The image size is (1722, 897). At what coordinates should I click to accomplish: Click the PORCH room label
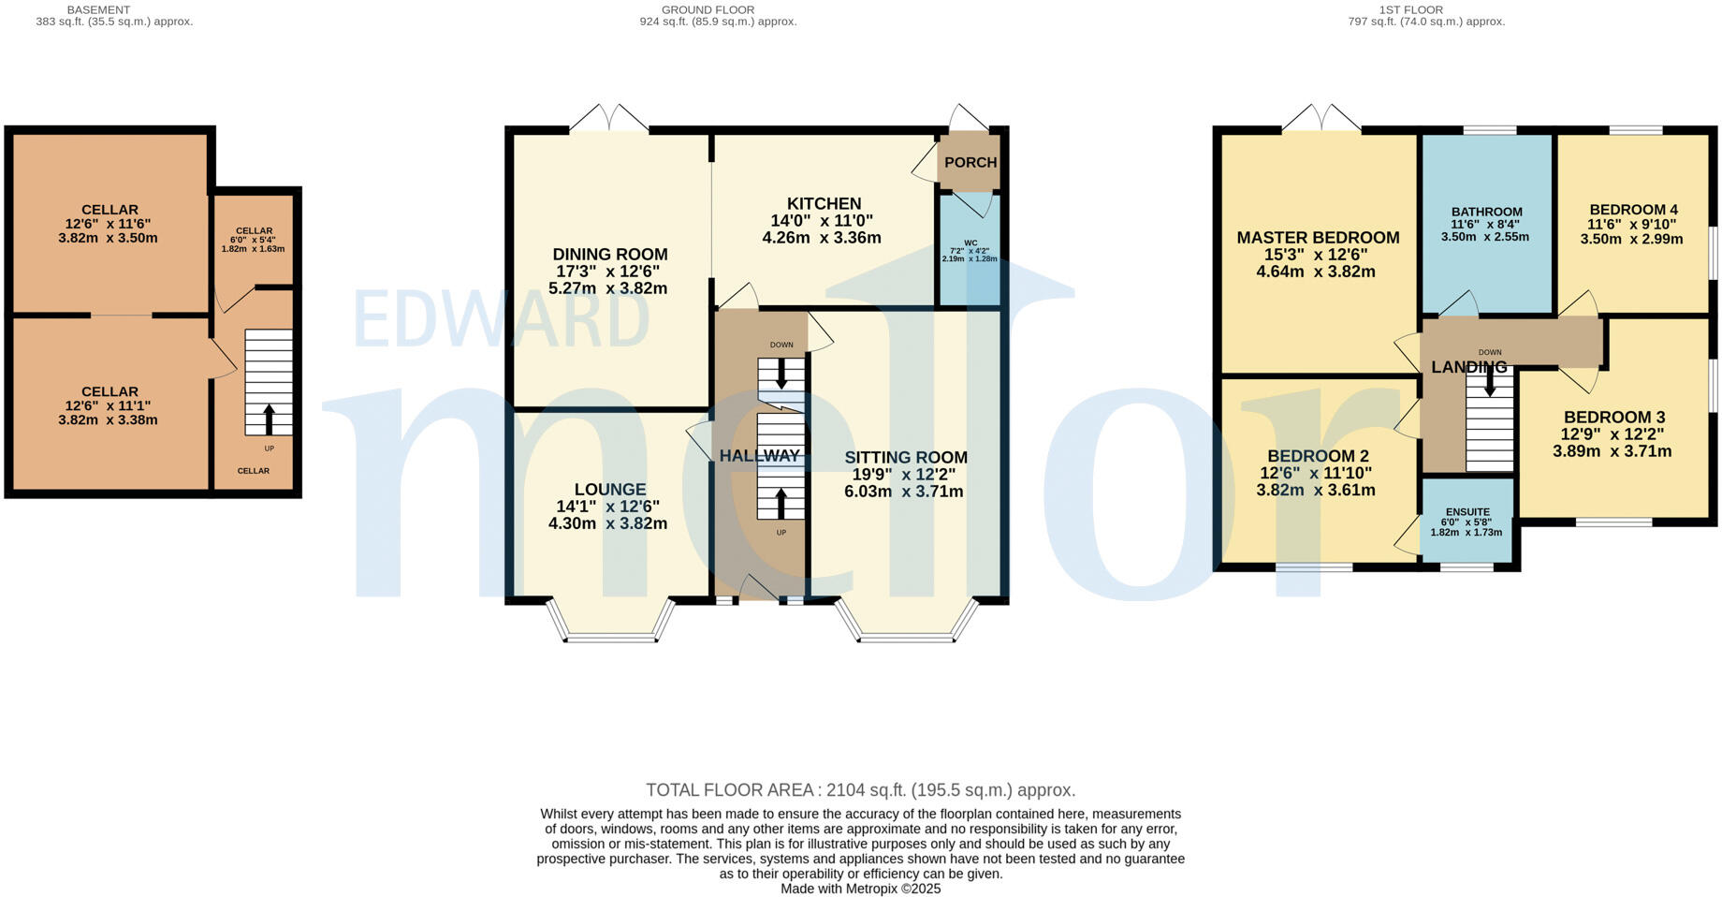pyautogui.click(x=970, y=163)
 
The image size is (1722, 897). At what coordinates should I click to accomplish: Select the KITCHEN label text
pyautogui.click(x=824, y=204)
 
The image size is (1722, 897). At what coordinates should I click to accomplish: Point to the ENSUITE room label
pyautogui.click(x=1467, y=513)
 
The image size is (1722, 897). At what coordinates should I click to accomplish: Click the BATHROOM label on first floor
pyautogui.click(x=1486, y=213)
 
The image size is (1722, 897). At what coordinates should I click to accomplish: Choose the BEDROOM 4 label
pyautogui.click(x=1633, y=211)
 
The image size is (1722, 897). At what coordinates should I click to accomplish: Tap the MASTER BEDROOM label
pyautogui.click(x=1318, y=238)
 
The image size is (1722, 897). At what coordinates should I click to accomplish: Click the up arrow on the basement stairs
pyautogui.click(x=270, y=419)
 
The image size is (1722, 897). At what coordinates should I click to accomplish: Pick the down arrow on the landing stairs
pyautogui.click(x=1489, y=382)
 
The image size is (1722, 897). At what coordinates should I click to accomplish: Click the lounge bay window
pyautogui.click(x=610, y=639)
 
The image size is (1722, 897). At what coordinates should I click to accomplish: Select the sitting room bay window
pyautogui.click(x=906, y=639)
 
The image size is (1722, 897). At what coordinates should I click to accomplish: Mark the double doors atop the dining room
pyautogui.click(x=609, y=120)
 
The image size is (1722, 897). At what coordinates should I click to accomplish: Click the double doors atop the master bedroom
pyautogui.click(x=1321, y=120)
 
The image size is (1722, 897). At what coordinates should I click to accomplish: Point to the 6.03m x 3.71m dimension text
pyautogui.click(x=904, y=492)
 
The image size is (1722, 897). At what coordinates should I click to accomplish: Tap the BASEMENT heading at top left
pyautogui.click(x=98, y=10)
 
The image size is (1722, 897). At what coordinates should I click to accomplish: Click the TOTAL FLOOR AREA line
pyautogui.click(x=860, y=790)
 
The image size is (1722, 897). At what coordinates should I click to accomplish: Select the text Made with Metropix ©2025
pyautogui.click(x=860, y=889)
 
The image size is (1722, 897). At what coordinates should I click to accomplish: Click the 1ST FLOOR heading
pyautogui.click(x=1410, y=10)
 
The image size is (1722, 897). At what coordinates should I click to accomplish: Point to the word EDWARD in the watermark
pyautogui.click(x=501, y=320)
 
